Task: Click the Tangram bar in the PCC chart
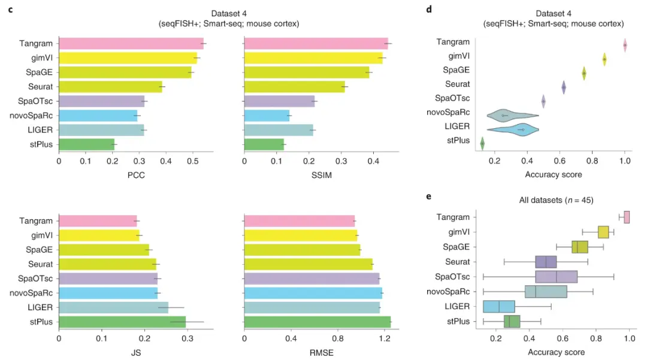coord(131,44)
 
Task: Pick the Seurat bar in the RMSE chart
coord(308,264)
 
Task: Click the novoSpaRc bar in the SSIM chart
coord(267,116)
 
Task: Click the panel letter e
coord(428,196)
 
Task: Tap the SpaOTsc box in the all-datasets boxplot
coord(556,276)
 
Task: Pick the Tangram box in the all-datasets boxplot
coord(627,217)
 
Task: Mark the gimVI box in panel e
coord(603,232)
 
